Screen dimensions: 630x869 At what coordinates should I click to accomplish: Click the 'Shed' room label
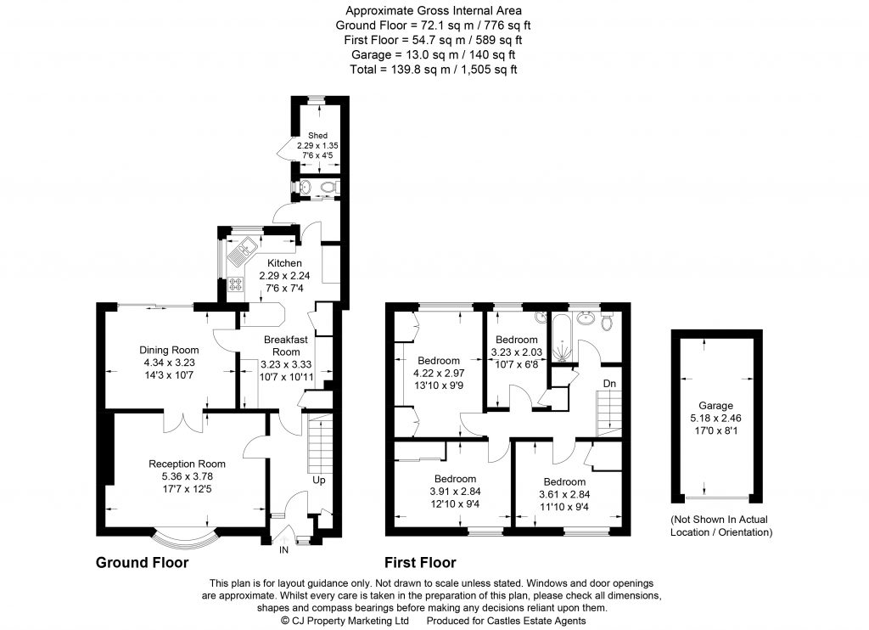coord(317,135)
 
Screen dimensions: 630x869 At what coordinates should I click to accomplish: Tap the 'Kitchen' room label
coord(284,263)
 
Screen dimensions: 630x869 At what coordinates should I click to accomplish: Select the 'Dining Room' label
coord(169,350)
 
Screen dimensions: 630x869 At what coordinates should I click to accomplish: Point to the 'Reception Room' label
coord(187,464)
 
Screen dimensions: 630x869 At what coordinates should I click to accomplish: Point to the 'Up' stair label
coord(319,480)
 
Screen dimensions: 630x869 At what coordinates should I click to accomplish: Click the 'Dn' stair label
coord(608,383)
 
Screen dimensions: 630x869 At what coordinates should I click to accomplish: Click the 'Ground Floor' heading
coord(142,563)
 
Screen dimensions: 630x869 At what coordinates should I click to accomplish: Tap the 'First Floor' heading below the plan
coord(420,563)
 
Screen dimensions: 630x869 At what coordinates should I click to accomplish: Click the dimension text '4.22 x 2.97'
coord(438,372)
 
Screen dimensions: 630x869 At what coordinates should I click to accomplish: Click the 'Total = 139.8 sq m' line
coord(434,69)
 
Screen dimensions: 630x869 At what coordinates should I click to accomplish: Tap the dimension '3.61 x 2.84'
coord(564,494)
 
